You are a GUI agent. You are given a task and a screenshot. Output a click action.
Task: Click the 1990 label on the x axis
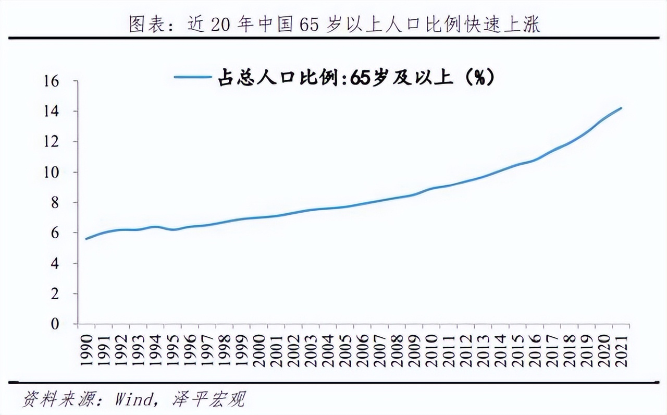tap(87, 349)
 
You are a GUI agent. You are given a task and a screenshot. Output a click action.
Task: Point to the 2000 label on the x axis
tap(260, 349)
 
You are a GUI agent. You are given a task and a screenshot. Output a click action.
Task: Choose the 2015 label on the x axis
tap(518, 349)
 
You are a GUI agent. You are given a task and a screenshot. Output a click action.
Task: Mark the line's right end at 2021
tap(622, 108)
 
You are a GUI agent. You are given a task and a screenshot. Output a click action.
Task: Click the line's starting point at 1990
tap(87, 239)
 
